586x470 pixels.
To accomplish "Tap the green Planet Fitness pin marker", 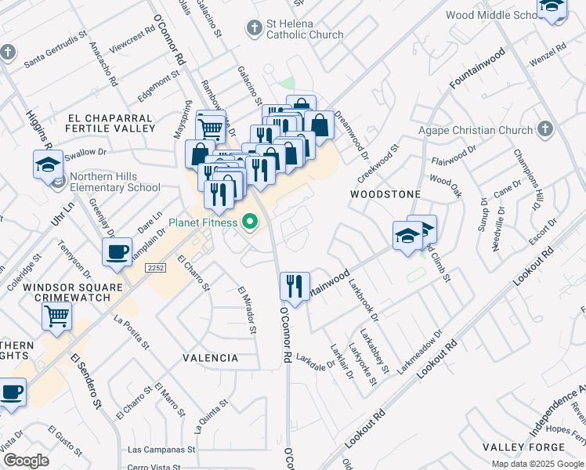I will tap(251, 223).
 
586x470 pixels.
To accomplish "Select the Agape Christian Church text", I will tap(480, 130).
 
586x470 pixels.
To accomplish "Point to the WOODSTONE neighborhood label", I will tap(385, 193).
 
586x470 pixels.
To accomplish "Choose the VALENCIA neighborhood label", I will tap(210, 358).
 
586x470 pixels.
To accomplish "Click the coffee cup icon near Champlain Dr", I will tap(118, 252).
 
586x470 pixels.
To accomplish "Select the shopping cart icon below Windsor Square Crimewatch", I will tap(56, 316).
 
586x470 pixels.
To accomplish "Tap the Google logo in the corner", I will tap(27, 460).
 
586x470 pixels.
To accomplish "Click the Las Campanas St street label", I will tap(161, 450).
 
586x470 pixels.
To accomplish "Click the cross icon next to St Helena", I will tap(253, 29).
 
